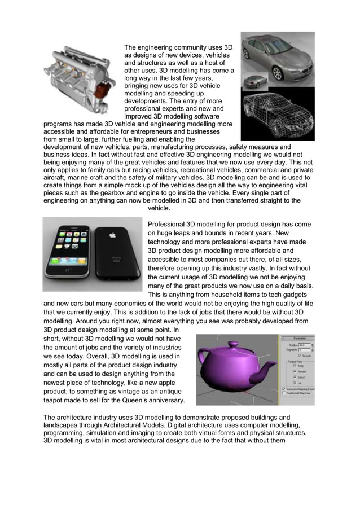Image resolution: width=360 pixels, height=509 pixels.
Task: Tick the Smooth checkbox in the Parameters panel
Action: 300,355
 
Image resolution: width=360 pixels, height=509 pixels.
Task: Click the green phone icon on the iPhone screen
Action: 55,261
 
